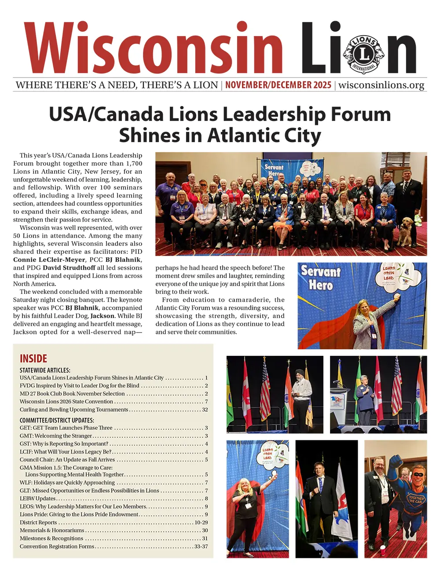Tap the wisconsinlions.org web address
click(381, 85)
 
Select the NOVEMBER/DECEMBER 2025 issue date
click(278, 85)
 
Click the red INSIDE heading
click(33, 359)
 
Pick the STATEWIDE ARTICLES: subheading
click(45, 370)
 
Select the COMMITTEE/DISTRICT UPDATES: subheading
click(57, 420)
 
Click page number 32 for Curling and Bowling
click(205, 410)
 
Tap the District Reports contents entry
click(38, 523)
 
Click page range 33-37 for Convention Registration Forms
click(201, 546)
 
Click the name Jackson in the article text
click(102, 316)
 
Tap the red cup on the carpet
click(382, 549)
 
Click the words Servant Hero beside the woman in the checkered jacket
click(321, 278)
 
